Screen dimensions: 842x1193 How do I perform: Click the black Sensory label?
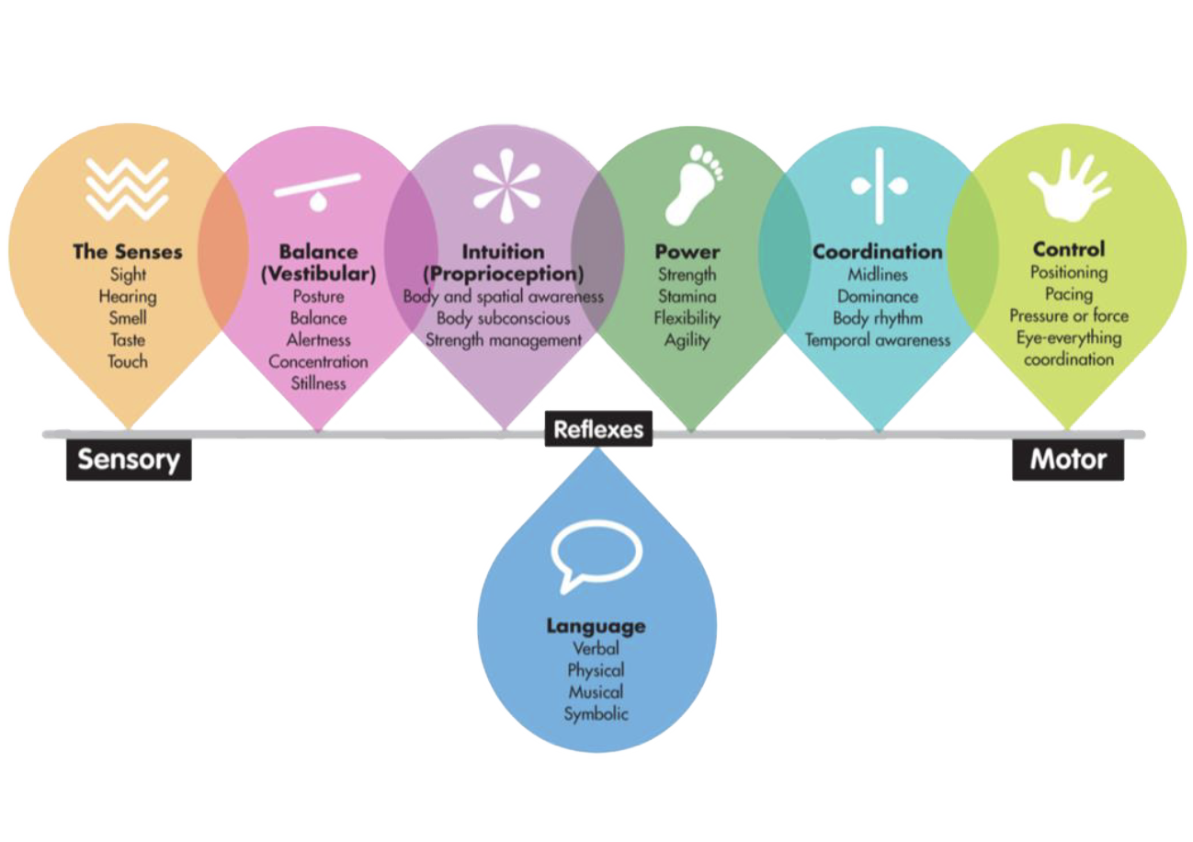(128, 459)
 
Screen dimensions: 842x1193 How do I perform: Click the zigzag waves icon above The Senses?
(128, 188)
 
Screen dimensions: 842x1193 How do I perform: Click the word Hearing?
(128, 297)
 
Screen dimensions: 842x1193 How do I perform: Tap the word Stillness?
(318, 383)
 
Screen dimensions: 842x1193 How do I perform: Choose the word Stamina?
(687, 296)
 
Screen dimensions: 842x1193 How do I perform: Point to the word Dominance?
(878, 297)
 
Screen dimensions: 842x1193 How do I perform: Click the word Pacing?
(1068, 294)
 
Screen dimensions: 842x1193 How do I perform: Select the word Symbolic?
(596, 713)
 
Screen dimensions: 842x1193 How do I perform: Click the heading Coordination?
(878, 252)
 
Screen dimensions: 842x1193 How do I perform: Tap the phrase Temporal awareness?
(878, 340)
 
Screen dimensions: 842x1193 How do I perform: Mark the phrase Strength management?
(504, 340)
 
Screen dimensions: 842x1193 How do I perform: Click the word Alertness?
(318, 340)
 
